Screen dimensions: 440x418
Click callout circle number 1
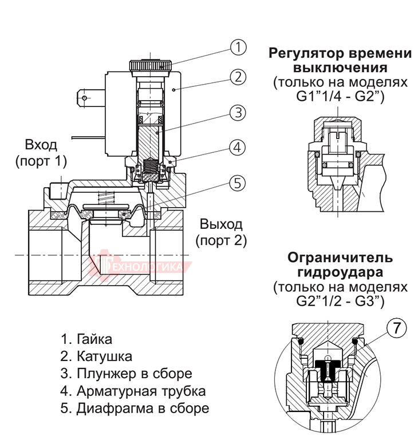(x=238, y=47)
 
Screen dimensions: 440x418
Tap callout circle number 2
(x=238, y=77)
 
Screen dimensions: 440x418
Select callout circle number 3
(x=238, y=112)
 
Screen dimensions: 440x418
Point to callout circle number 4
(x=238, y=146)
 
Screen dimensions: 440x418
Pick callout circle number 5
(x=238, y=183)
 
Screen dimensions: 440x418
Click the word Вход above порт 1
(x=41, y=144)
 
